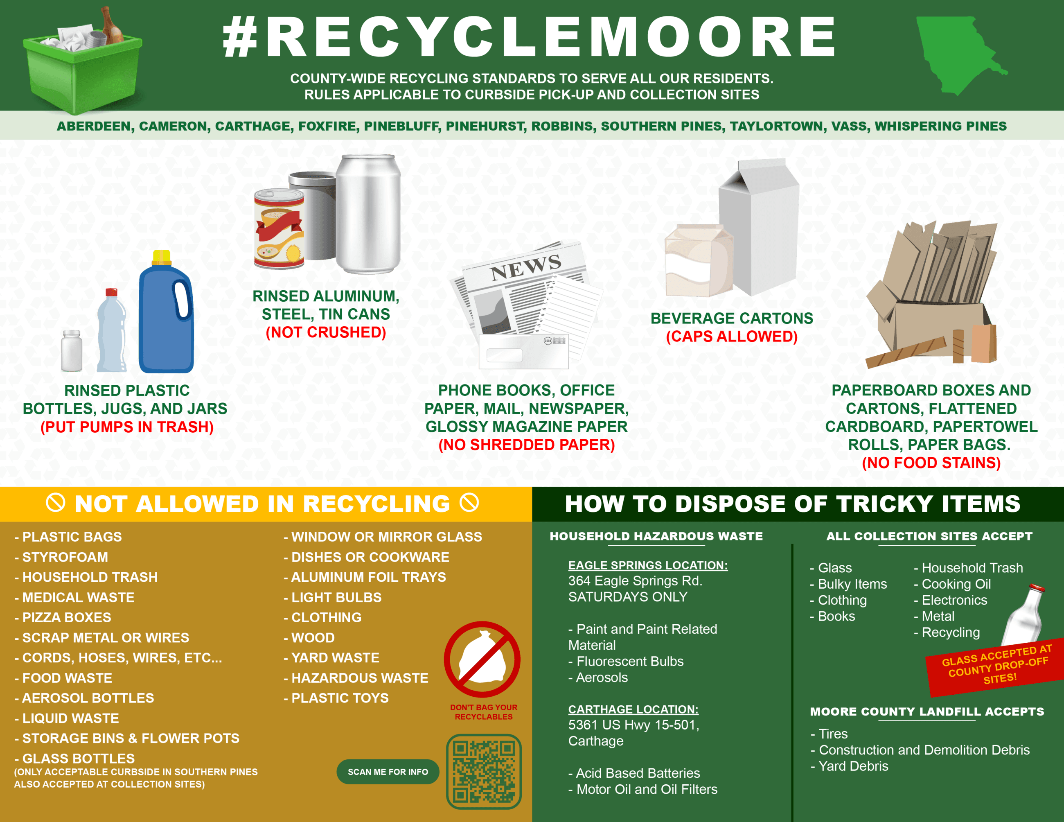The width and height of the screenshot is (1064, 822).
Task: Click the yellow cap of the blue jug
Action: (161, 257)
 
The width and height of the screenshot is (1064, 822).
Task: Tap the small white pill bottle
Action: (72, 350)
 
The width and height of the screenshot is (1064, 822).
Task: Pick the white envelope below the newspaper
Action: (524, 351)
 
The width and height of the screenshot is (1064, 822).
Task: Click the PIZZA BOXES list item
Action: (67, 617)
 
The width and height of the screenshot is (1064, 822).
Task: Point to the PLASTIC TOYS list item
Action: (340, 698)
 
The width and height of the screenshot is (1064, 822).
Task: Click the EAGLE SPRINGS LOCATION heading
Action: (647, 565)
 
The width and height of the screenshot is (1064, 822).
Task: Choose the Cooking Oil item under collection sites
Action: (956, 584)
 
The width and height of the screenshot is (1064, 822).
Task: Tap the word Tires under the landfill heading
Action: (833, 734)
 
